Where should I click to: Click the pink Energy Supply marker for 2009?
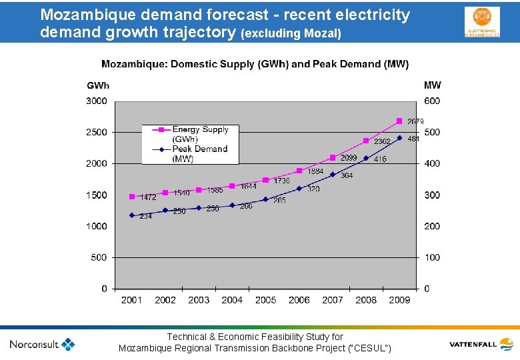[399, 121]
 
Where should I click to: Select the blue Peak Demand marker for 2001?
[132, 215]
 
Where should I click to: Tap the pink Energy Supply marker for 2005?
[265, 180]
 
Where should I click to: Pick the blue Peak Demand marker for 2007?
[333, 175]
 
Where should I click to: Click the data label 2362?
[382, 142]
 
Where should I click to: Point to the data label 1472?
[147, 197]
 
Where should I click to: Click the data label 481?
[413, 139]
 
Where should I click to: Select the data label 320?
[313, 189]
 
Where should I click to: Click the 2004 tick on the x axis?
[232, 300]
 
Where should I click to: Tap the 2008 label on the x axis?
[366, 300]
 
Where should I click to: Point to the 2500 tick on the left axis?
[96, 132]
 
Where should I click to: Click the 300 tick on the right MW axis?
[432, 195]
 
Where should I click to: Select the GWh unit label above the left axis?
[98, 85]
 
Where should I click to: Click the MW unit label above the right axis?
[432, 85]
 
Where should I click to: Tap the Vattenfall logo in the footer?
[481, 345]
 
